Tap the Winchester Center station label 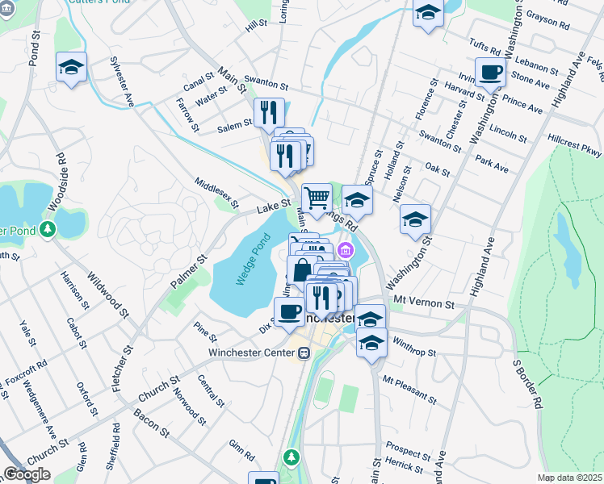tap(252, 353)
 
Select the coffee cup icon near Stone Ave tap(491, 73)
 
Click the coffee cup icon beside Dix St tap(289, 311)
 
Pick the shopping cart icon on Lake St tap(317, 197)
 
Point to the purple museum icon tap(346, 250)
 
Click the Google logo tap(27, 474)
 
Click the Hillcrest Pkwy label tap(574, 146)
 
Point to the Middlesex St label tap(216, 193)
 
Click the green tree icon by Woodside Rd tap(49, 230)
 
